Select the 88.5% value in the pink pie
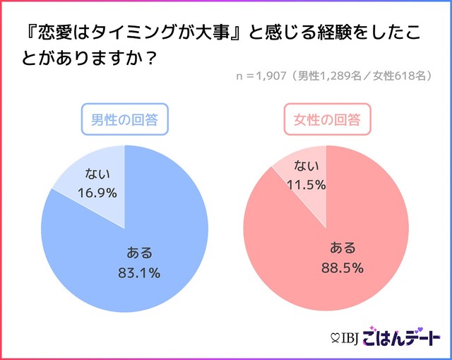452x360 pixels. [x=343, y=267]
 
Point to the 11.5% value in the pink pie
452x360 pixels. [x=306, y=184]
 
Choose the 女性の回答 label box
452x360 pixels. [x=326, y=120]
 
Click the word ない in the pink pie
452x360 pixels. [x=306, y=167]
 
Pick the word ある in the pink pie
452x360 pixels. [x=343, y=248]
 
